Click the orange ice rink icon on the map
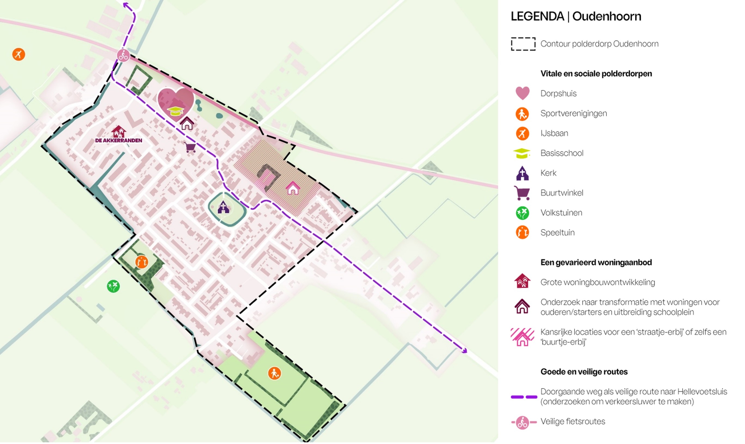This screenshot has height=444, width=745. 19,54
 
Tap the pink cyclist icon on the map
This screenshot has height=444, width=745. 123,55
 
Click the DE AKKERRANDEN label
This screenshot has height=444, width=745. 119,140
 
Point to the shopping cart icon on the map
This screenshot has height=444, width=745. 190,147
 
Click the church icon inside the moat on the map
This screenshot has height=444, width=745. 223,207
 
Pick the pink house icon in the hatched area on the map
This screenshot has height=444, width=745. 293,188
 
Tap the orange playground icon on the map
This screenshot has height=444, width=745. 142,262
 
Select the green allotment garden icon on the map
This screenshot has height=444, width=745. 113,286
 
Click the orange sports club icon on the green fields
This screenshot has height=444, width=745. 274,373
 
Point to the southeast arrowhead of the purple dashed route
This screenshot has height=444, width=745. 464,351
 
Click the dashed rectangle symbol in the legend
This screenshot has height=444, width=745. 523,44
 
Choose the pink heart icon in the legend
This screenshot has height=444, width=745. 522,93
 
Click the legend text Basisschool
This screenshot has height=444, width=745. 562,153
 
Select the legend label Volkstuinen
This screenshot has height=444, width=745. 561,213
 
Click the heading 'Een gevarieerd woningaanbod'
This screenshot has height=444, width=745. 596,262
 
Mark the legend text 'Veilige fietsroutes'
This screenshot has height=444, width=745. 572,422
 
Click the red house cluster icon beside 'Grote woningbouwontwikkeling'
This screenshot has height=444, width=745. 522,281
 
